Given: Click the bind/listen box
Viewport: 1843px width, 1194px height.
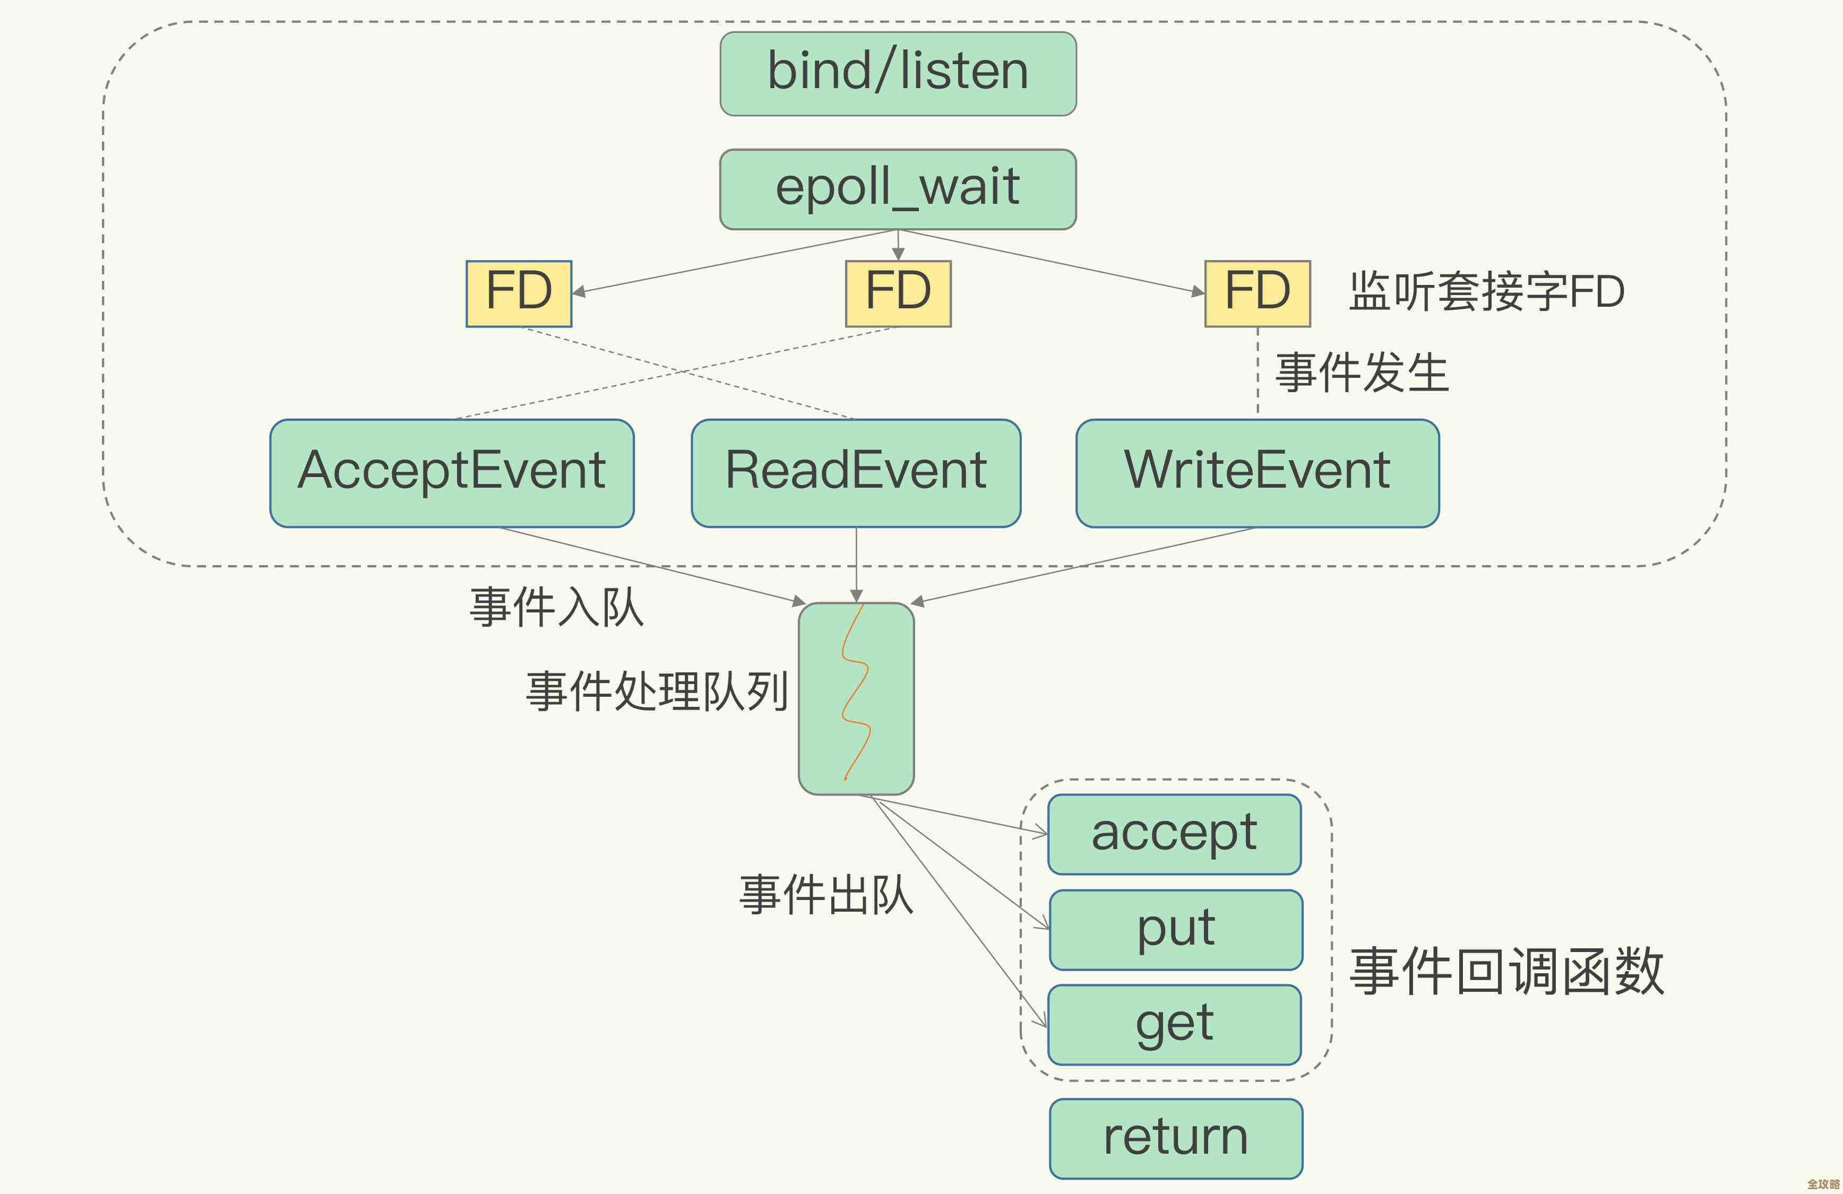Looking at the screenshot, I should coord(898,74).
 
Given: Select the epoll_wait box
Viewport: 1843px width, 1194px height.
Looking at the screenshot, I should coord(898,189).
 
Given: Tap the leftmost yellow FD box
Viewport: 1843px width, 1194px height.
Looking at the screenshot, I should coord(518,293).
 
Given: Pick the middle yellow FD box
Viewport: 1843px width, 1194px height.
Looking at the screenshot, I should coord(898,293).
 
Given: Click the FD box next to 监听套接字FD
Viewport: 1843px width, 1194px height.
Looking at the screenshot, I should coord(1257,293).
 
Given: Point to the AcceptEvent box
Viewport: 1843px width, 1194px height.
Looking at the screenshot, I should coord(451,472).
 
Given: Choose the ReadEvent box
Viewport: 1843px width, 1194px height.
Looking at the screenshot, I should coord(856,472).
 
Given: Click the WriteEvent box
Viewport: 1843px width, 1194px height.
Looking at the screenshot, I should coord(1257,472).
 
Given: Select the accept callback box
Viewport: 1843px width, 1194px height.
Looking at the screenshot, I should coord(1174,834).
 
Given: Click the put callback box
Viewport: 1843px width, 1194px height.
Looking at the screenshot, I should coord(1175,929).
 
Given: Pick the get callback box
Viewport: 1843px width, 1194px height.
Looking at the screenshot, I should coord(1174,1024).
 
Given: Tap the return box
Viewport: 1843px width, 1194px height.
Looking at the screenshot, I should coord(1175,1137).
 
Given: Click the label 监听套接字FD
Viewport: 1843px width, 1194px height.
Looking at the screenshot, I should coord(1486,292).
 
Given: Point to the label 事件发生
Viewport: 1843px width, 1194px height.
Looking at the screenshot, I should coord(1362,373).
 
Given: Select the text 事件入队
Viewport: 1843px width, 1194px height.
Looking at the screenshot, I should coord(556,607).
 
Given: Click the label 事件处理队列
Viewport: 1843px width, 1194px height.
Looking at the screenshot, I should coord(657,691).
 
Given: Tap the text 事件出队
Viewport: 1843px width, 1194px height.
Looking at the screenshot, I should coord(825,894).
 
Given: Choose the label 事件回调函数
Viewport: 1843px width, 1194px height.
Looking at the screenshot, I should coord(1506,971).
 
